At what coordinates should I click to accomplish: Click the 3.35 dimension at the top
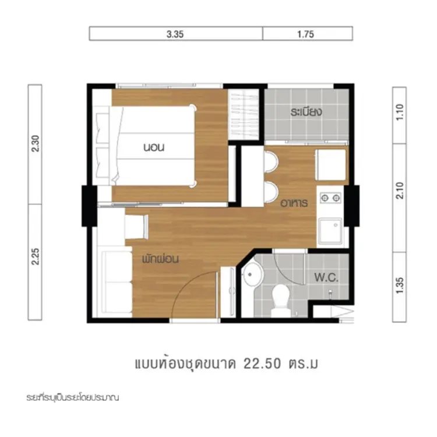(x=175, y=34)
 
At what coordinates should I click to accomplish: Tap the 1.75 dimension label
(x=305, y=34)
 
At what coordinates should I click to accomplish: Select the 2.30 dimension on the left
(x=36, y=143)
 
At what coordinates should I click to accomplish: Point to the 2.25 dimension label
(x=36, y=256)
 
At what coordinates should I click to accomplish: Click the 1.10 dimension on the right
(x=400, y=112)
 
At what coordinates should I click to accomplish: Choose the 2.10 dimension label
(x=400, y=191)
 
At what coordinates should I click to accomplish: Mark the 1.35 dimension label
(x=400, y=286)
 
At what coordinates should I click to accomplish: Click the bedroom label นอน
(x=154, y=147)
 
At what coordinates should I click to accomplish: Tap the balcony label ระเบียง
(x=306, y=112)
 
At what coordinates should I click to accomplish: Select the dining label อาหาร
(x=294, y=203)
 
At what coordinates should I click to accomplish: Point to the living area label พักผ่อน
(x=160, y=259)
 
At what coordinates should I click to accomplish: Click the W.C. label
(x=326, y=277)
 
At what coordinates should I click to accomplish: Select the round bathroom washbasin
(x=252, y=275)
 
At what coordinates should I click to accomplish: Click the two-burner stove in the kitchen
(x=330, y=198)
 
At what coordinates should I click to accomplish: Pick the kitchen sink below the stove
(x=330, y=231)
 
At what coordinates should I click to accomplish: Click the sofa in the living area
(x=117, y=282)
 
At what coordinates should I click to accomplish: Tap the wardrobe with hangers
(x=244, y=115)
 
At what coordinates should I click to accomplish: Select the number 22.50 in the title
(x=262, y=364)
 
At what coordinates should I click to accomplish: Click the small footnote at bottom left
(x=73, y=397)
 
